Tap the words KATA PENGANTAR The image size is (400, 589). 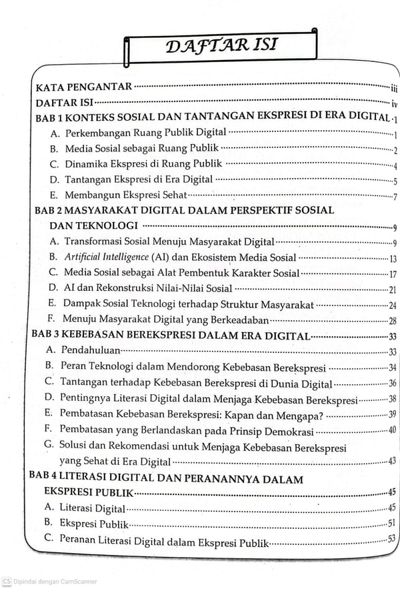[83, 87]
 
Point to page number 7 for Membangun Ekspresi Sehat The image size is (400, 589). [395, 196]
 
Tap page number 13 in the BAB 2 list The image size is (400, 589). [393, 259]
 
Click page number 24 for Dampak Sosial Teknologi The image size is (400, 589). [393, 306]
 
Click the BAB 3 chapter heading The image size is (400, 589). [171, 336]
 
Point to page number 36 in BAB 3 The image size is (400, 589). [393, 384]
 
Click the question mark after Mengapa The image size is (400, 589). [321, 415]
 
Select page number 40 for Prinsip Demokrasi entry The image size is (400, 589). [393, 430]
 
